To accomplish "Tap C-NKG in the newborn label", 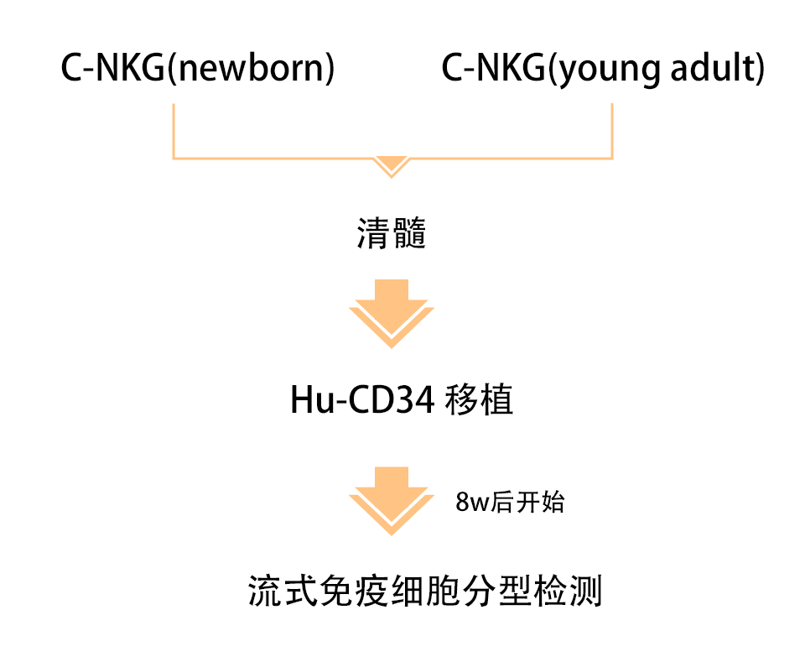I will pos(113,69).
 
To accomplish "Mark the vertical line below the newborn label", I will pos(173,130).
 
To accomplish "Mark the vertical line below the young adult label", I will pos(612,130).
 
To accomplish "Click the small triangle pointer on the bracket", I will pos(391,165).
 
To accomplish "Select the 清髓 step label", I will pos(392,234).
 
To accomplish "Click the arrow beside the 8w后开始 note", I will pos(392,500).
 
